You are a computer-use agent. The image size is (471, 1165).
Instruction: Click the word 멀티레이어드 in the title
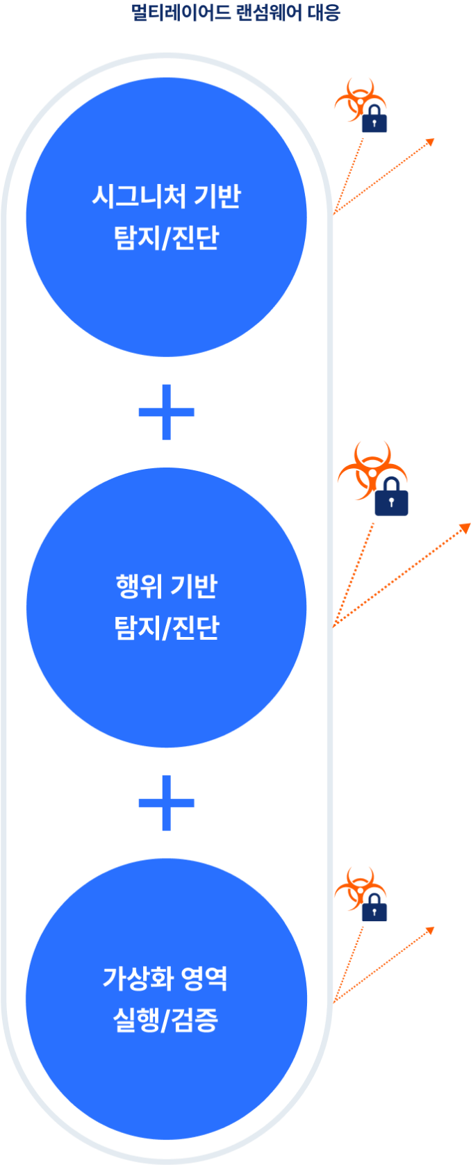180,13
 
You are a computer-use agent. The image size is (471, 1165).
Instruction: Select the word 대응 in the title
324,13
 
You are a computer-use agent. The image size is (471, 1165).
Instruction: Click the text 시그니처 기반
166,197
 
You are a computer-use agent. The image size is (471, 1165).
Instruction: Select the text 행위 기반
166,586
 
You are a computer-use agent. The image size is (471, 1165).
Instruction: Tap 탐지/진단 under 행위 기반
166,627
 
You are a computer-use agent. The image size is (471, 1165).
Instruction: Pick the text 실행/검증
165,1020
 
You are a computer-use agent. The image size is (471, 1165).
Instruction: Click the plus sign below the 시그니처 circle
166,412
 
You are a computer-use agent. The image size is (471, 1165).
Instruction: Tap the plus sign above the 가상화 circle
166,803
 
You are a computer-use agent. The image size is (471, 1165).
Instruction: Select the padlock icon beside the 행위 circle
391,498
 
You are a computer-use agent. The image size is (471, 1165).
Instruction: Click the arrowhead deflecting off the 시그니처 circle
431,141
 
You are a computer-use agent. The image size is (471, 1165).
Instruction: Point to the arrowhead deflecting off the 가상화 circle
430,929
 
